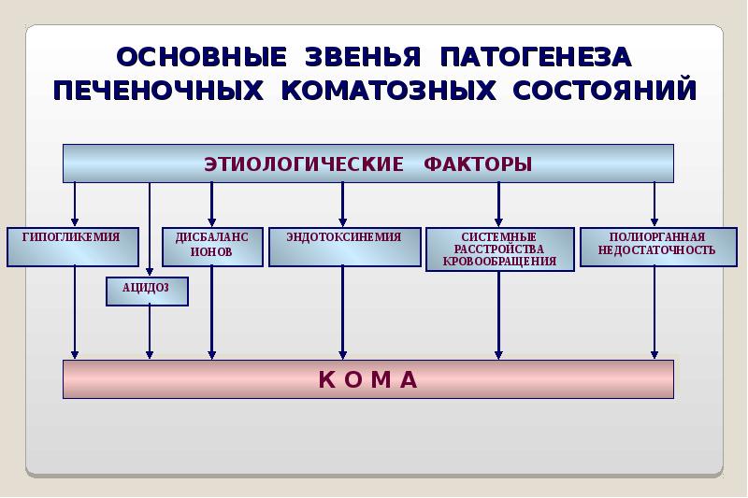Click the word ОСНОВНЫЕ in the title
(x=201, y=57)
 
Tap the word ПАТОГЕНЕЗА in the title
(x=536, y=57)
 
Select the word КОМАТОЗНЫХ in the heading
(x=388, y=90)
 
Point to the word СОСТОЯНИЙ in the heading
(x=604, y=90)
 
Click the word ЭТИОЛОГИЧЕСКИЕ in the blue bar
(x=303, y=164)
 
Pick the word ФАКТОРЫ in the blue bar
(x=478, y=164)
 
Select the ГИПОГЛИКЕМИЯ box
(x=73, y=247)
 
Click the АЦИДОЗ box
(x=147, y=292)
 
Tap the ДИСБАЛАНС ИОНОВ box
(x=213, y=247)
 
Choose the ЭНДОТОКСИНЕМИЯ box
(x=345, y=247)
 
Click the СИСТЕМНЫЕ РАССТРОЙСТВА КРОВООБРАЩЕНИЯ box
(x=500, y=249)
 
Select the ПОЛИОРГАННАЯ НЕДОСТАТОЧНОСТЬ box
(x=658, y=247)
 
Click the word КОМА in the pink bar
(x=368, y=380)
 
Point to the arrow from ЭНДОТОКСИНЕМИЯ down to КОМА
(x=342, y=313)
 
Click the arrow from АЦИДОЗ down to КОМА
(x=150, y=333)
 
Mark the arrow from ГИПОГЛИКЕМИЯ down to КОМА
(x=75, y=313)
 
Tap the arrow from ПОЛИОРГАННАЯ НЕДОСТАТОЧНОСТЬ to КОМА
(x=654, y=313)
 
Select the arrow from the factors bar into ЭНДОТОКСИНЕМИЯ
(x=342, y=205)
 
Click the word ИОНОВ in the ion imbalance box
(x=211, y=251)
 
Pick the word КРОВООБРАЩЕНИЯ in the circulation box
(x=499, y=262)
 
